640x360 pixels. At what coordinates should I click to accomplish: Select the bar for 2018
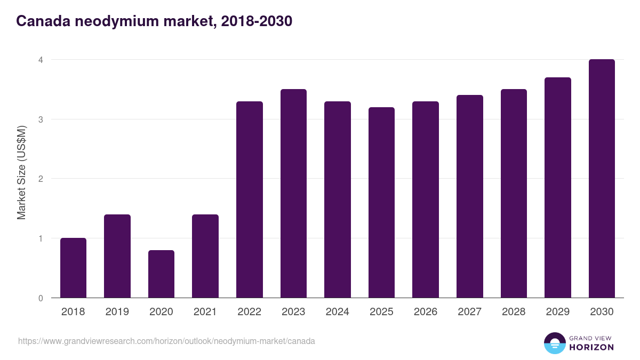tap(73, 268)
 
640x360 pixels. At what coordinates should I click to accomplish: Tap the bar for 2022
tap(249, 199)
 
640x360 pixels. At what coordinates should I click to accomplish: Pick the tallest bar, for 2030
tap(602, 179)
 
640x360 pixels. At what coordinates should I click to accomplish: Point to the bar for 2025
tap(381, 203)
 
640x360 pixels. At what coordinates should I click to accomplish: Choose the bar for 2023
tap(293, 194)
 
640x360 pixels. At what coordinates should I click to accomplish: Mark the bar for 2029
tap(558, 188)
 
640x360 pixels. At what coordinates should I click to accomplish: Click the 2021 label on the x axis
tap(205, 312)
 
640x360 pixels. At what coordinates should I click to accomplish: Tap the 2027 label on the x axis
tap(469, 312)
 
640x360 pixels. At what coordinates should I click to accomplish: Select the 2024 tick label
tap(337, 312)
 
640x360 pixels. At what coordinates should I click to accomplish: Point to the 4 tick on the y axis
tap(40, 60)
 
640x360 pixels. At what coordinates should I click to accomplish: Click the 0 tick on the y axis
tap(40, 298)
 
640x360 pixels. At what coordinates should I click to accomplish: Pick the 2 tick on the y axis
tap(40, 179)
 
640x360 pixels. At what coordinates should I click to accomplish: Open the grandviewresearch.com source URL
tap(166, 341)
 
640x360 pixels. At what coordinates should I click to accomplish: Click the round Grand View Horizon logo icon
tap(554, 343)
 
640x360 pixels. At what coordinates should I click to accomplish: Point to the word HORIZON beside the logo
tap(591, 347)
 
